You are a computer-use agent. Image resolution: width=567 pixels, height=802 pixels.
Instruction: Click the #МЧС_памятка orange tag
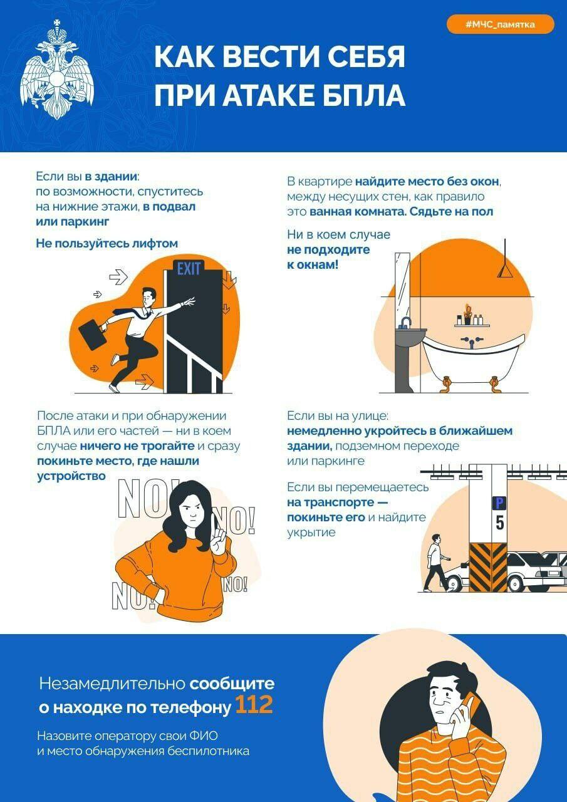pyautogui.click(x=500, y=24)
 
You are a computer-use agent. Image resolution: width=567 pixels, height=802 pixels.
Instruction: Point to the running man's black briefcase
pyautogui.click(x=91, y=334)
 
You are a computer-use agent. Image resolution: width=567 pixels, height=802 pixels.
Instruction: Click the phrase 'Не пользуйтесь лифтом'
pyautogui.click(x=107, y=243)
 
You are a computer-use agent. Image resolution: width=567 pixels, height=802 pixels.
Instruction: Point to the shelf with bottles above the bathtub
pyautogui.click(x=472, y=323)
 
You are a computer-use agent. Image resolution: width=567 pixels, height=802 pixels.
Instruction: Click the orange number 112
pyautogui.click(x=254, y=706)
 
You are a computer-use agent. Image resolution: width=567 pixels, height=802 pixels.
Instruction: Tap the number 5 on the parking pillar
pyautogui.click(x=499, y=523)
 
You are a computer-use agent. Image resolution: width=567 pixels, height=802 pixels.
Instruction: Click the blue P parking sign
pyautogui.click(x=499, y=503)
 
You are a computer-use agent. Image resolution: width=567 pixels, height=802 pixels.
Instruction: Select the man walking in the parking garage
pyautogui.click(x=435, y=562)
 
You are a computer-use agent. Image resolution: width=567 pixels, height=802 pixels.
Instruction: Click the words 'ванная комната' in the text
pyautogui.click(x=357, y=212)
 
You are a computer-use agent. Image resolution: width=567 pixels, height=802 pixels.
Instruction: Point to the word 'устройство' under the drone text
pyautogui.click(x=71, y=476)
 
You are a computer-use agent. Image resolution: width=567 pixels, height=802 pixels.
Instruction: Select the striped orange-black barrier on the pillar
pyautogui.click(x=488, y=566)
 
